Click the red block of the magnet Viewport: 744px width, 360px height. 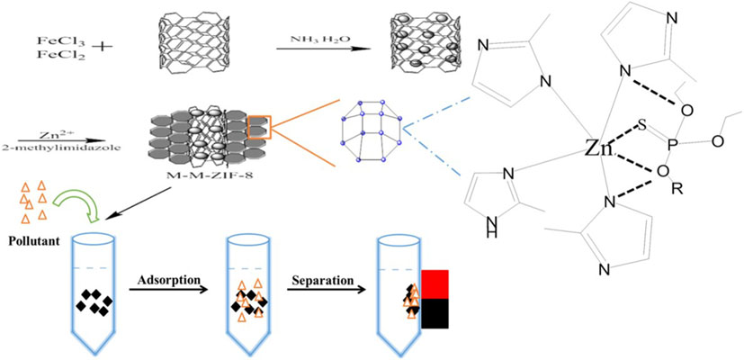click(x=434, y=283)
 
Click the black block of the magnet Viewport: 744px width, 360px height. click(x=434, y=313)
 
